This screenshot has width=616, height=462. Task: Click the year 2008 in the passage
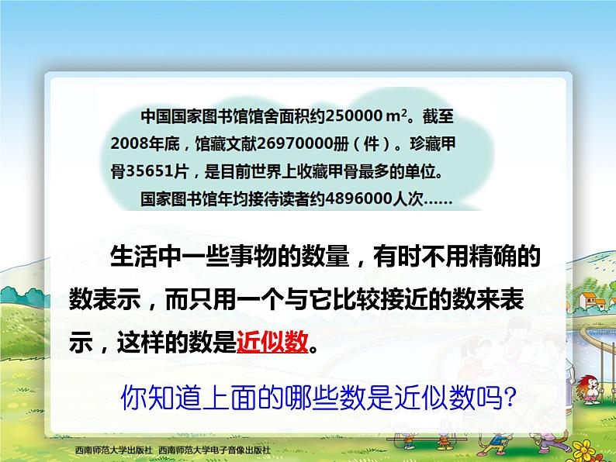(127, 144)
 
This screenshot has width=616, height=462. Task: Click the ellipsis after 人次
(436, 198)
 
